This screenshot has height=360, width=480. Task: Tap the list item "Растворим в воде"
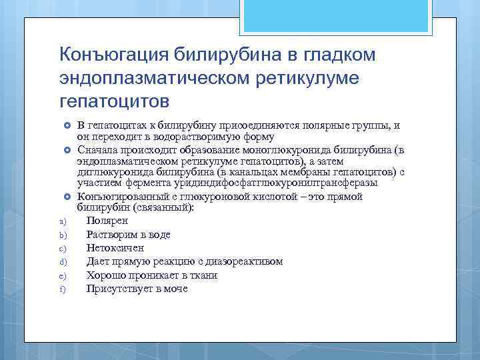pyautogui.click(x=128, y=235)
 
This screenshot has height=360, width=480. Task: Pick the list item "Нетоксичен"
pyautogui.click(x=115, y=248)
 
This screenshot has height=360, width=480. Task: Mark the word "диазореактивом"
pyautogui.click(x=247, y=261)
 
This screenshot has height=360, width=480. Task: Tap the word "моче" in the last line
pyautogui.click(x=176, y=289)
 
